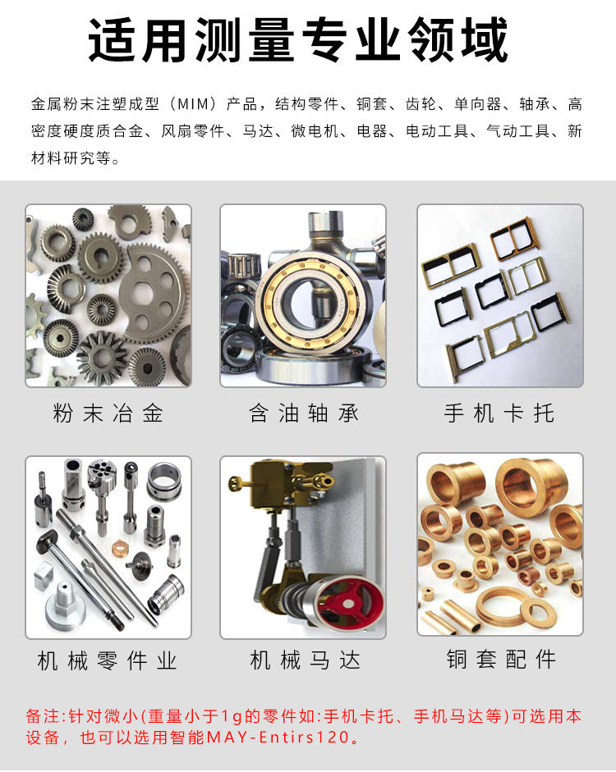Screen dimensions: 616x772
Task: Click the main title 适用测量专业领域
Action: pos(298,39)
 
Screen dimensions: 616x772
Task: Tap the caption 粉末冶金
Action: pos(108,413)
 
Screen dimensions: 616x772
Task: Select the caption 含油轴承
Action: pos(304,413)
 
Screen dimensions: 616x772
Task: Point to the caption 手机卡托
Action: pos(499,413)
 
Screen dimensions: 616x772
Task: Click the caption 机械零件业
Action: pos(108,660)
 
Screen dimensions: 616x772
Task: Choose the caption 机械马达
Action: pos(305,660)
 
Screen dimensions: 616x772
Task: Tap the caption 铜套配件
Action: pos(501,660)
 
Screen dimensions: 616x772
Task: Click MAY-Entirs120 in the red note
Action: pos(278,737)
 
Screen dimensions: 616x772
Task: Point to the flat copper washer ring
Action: pos(538,610)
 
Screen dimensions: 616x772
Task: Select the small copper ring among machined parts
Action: pos(121,546)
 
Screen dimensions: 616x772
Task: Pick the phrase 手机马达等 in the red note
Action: pos(457,716)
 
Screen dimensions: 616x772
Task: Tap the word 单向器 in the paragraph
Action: pos(477,104)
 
